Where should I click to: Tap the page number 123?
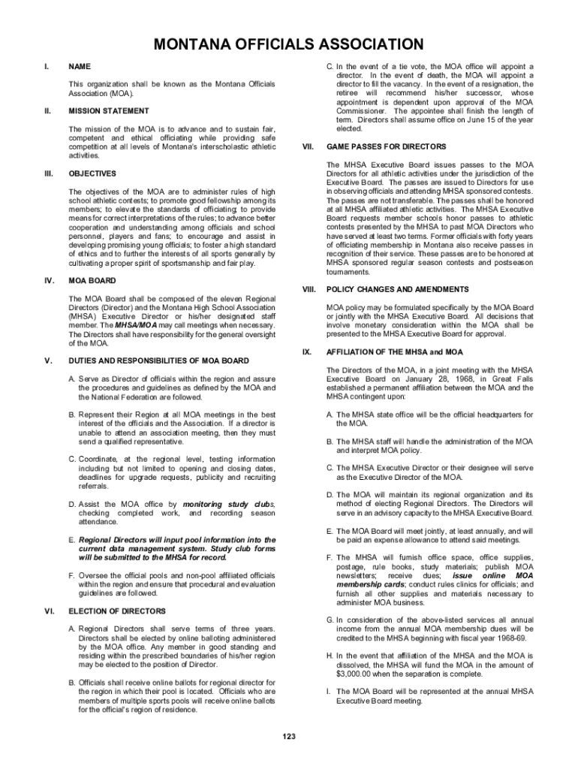coord(289,737)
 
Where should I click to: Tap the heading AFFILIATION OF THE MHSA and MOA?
coord(384,351)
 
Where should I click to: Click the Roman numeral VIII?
coord(308,289)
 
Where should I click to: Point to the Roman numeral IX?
coord(306,351)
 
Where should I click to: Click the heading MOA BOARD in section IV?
coord(92,281)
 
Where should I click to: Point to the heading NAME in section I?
coord(79,66)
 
